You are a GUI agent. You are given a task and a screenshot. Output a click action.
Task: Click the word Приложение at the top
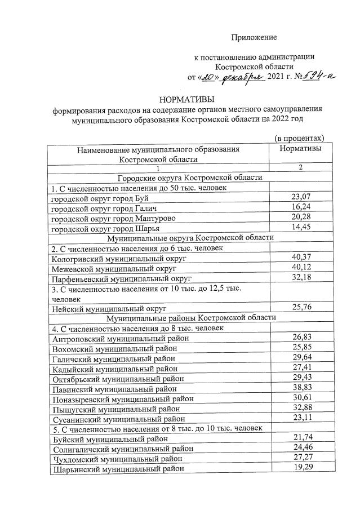254,37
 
